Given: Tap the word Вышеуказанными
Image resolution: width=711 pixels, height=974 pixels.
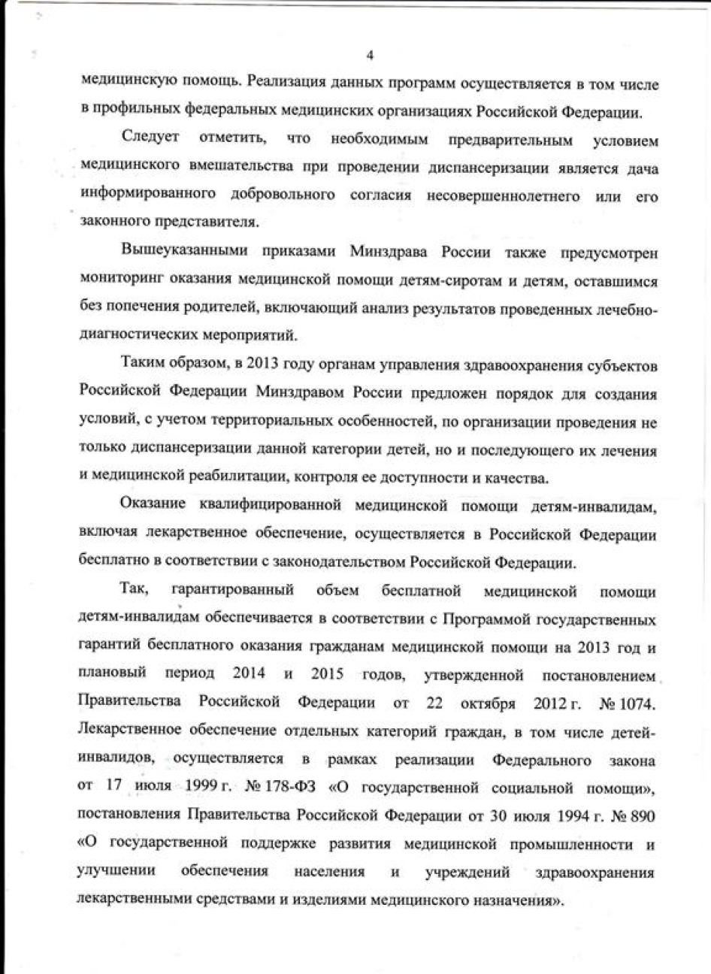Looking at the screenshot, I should tap(175, 252).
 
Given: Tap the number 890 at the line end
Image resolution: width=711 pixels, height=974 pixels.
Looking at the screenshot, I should tap(642, 815).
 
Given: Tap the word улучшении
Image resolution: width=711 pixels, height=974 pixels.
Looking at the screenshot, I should tap(116, 872).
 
